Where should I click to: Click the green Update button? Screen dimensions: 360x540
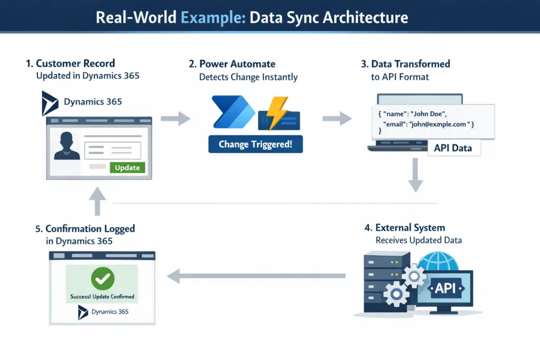click(127, 168)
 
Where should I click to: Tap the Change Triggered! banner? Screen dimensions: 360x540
click(255, 144)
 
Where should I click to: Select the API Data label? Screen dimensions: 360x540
click(453, 148)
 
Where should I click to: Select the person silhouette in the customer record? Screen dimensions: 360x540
click(67, 146)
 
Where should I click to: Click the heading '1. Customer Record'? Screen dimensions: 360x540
click(70, 64)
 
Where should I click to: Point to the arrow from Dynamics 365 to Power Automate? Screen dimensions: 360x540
click(175, 119)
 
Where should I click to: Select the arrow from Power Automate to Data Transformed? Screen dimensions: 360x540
click(336, 119)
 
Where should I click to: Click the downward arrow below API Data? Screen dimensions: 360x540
click(416, 178)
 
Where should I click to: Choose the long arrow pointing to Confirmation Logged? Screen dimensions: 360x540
click(256, 275)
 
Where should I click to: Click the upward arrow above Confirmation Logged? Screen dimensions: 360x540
click(97, 202)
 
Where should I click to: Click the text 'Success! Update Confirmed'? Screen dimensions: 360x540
click(102, 297)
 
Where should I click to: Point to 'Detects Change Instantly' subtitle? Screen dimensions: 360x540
click(248, 77)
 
